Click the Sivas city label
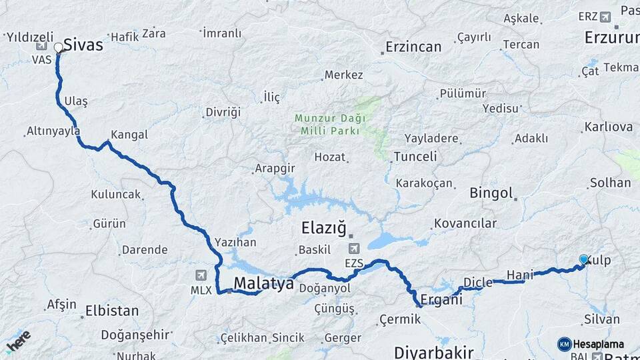pyautogui.click(x=83, y=45)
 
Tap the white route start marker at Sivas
pyautogui.click(x=59, y=47)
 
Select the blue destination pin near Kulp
pyautogui.click(x=584, y=260)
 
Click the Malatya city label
pyautogui.click(x=263, y=284)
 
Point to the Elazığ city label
pyautogui.click(x=324, y=229)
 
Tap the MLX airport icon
pyautogui.click(x=201, y=275)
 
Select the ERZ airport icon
pyautogui.click(x=605, y=17)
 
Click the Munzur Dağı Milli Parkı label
pyautogui.click(x=330, y=124)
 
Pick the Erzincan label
pyautogui.click(x=413, y=47)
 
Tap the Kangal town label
pyautogui.click(x=129, y=135)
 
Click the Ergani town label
pyautogui.click(x=441, y=300)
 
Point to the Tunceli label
pyautogui.click(x=415, y=157)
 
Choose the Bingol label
pyautogui.click(x=491, y=193)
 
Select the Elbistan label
pyautogui.click(x=112, y=311)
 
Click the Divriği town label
pyautogui.click(x=222, y=112)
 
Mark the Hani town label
pyautogui.click(x=520, y=275)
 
